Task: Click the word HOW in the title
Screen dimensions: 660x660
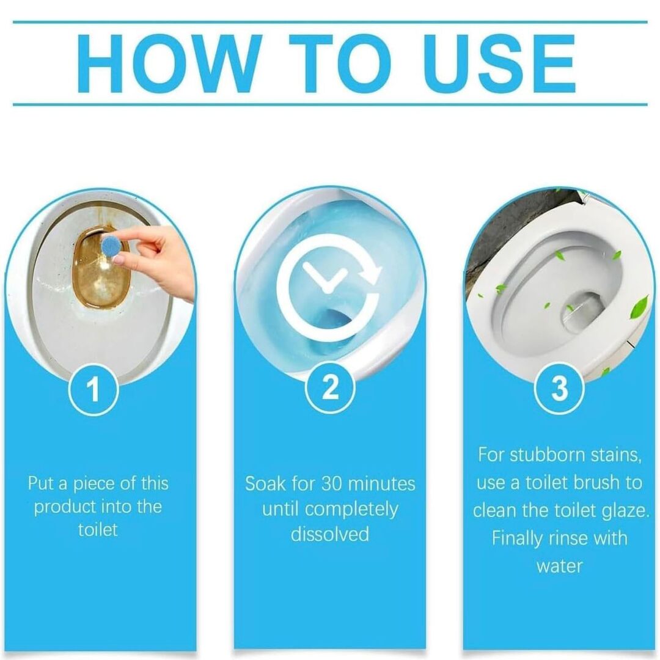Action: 166,64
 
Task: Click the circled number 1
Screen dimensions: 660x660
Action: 94,389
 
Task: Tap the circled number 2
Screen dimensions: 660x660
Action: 330,387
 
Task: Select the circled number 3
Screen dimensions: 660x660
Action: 559,388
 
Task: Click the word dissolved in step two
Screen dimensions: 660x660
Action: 330,533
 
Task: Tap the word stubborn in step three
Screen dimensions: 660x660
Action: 547,455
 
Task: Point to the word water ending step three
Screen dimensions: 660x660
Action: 559,566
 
